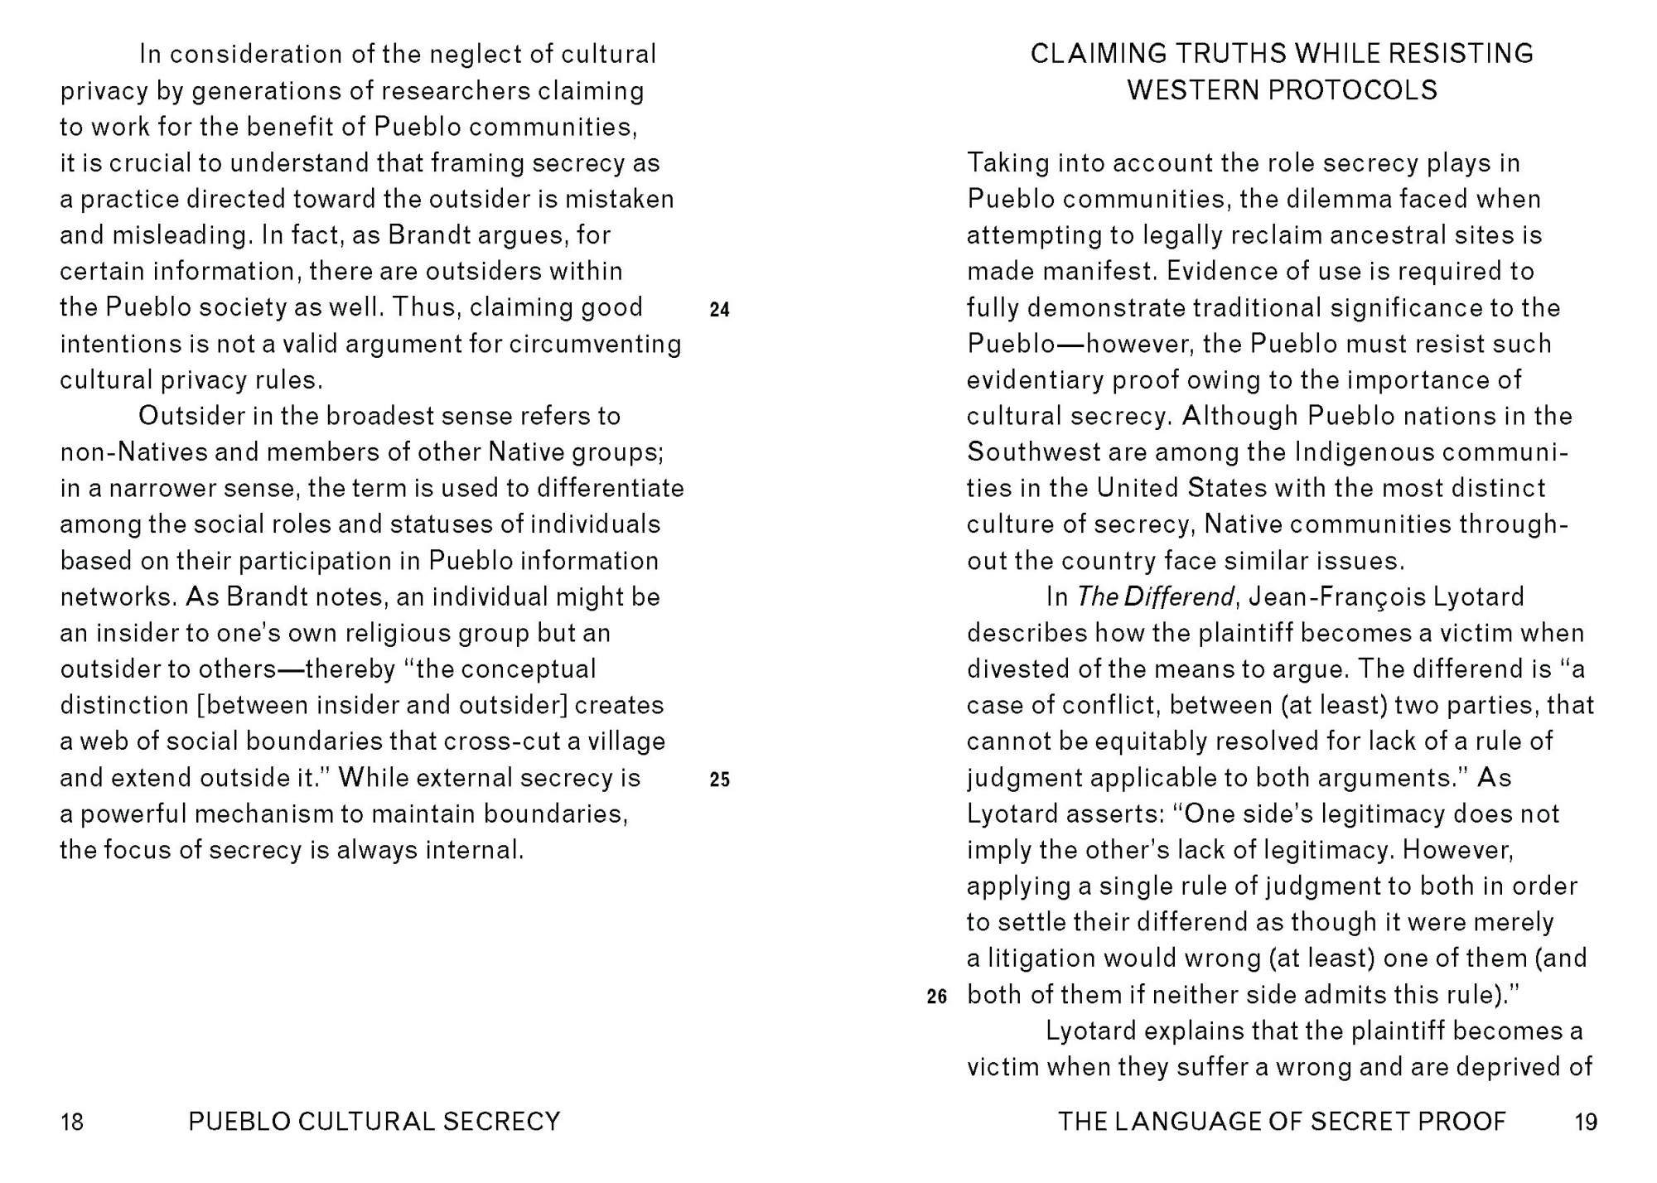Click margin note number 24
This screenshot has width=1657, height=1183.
pyautogui.click(x=719, y=310)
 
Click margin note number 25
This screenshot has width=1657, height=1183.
pyautogui.click(x=719, y=780)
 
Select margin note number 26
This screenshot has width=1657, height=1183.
pyautogui.click(x=936, y=997)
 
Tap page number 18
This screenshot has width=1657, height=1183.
pyautogui.click(x=72, y=1122)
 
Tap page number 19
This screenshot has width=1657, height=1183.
pyautogui.click(x=1585, y=1122)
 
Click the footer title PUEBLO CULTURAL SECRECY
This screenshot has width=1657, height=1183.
pyautogui.click(x=374, y=1122)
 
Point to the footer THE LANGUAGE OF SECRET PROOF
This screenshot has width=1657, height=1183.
pyautogui.click(x=1282, y=1122)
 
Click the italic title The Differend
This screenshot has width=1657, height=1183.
pyautogui.click(x=1155, y=597)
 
